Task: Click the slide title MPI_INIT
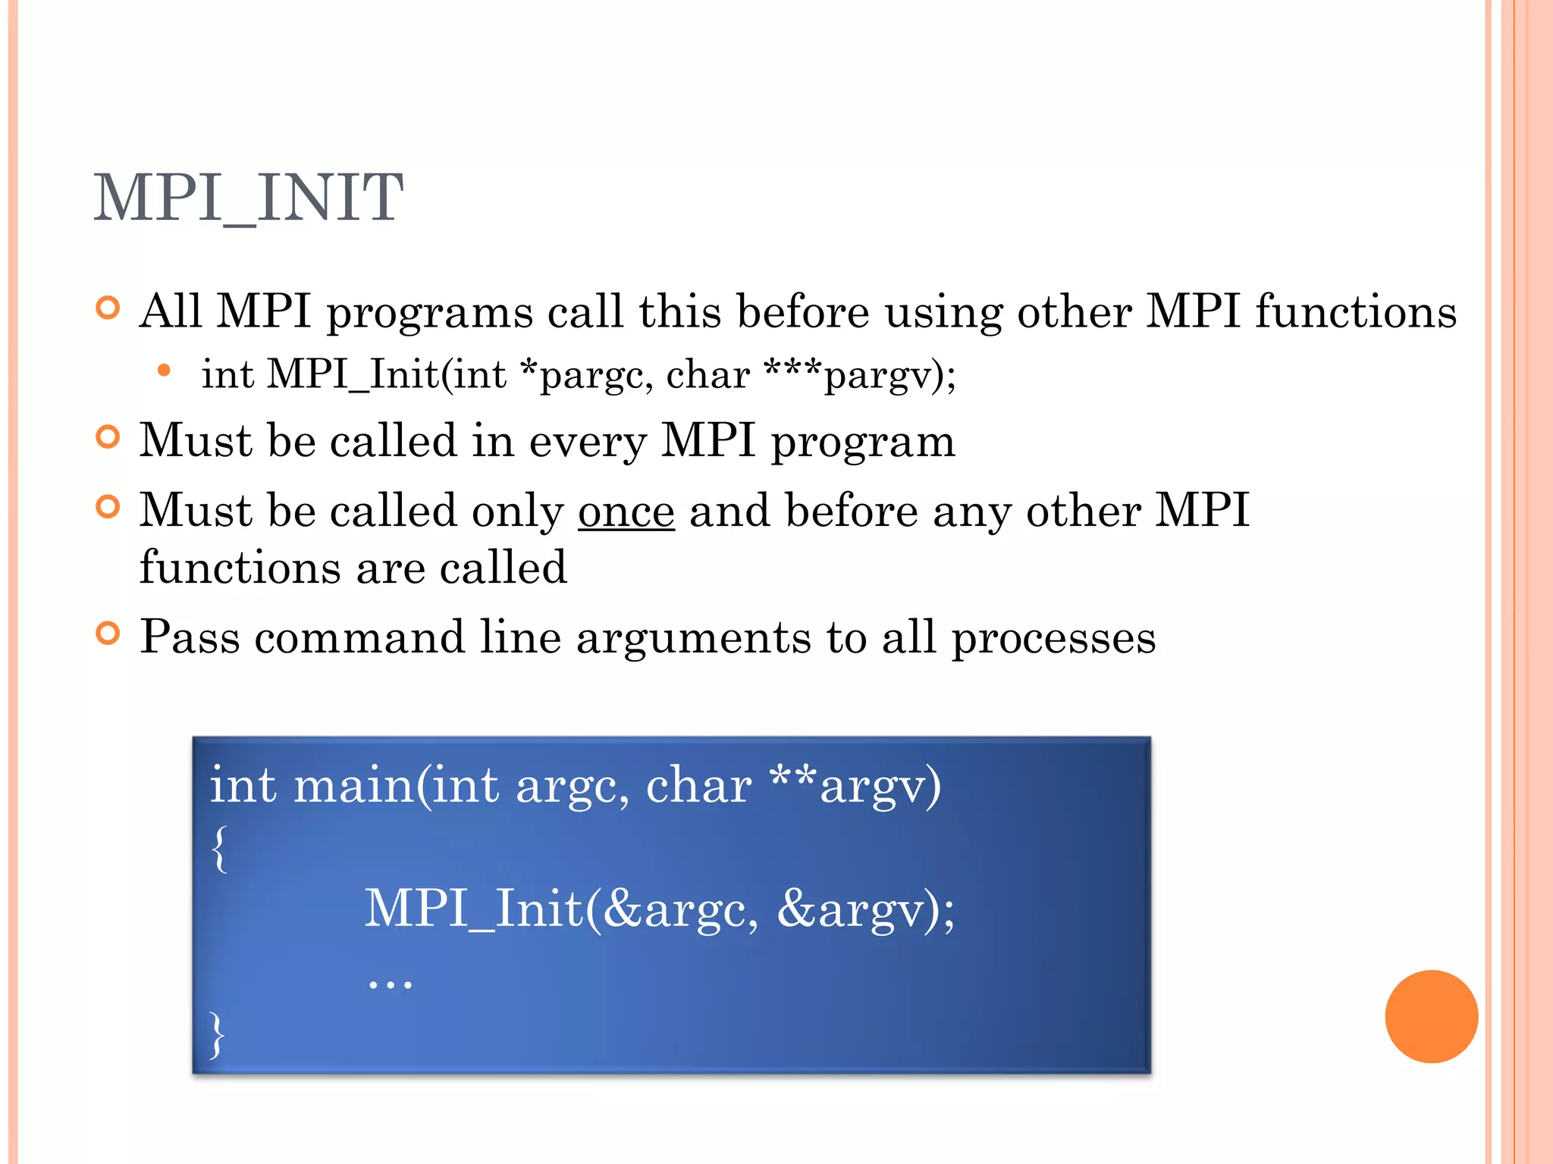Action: point(248,198)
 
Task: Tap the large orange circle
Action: point(1431,1016)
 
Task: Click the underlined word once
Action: point(626,511)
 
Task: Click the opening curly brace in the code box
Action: point(219,849)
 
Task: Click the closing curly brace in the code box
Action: point(218,1034)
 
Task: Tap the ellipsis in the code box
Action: point(390,983)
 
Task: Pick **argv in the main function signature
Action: point(855,786)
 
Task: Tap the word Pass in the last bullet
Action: point(190,637)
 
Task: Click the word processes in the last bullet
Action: point(1053,638)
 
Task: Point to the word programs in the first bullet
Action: point(429,313)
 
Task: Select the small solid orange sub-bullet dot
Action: point(164,371)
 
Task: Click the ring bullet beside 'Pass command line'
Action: point(108,634)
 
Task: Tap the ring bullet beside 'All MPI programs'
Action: point(108,308)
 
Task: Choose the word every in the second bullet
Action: point(588,442)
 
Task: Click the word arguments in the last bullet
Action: point(694,638)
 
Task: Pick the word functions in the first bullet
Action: point(1356,311)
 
